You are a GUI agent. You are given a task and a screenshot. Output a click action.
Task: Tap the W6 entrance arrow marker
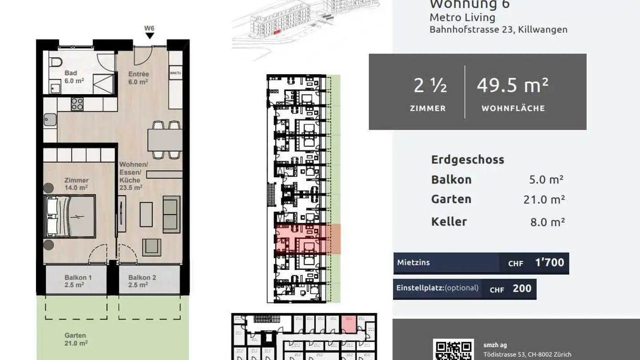click(x=150, y=35)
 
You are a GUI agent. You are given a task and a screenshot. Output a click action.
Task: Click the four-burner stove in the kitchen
click(x=77, y=104)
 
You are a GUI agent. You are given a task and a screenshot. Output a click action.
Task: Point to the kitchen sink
click(x=50, y=120)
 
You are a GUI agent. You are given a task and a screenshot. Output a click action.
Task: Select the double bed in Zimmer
click(x=71, y=216)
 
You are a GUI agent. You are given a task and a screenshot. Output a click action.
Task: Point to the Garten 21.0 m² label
click(x=76, y=339)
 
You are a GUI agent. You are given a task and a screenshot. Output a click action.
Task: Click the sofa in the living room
click(x=172, y=214)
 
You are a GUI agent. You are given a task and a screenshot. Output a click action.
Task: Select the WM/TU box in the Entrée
click(x=176, y=72)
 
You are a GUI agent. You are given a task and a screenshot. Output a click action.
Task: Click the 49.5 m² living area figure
click(x=512, y=85)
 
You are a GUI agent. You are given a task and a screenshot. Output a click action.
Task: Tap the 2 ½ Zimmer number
click(x=430, y=85)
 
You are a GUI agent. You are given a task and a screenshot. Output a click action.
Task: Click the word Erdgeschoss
click(x=468, y=160)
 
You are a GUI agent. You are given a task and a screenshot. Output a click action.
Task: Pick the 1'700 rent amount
click(x=550, y=263)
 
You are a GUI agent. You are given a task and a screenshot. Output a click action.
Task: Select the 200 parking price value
click(x=522, y=288)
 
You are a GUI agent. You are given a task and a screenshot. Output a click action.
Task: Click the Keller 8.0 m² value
click(x=547, y=222)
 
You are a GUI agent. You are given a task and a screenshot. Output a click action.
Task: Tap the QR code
click(x=453, y=350)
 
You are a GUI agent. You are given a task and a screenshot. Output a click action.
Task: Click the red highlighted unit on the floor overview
click(x=308, y=239)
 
